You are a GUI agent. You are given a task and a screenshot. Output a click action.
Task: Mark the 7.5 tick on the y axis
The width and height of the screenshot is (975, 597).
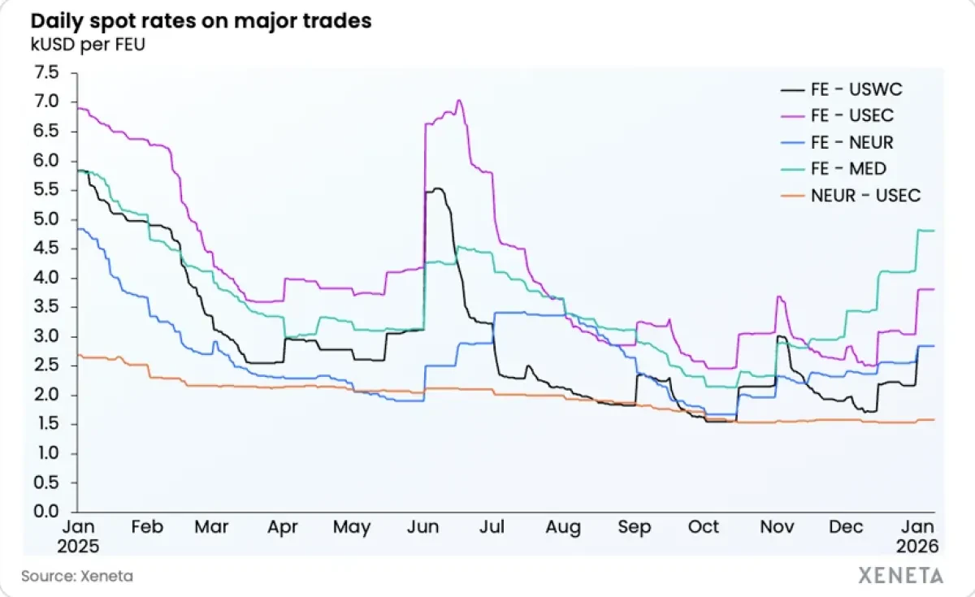click(47, 73)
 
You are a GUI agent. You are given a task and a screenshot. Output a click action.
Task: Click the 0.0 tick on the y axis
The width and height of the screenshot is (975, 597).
click(47, 512)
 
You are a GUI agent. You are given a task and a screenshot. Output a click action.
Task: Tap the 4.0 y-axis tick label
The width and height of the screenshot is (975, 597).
click(47, 278)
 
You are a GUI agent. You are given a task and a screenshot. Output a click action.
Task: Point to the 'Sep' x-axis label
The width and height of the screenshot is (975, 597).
click(634, 527)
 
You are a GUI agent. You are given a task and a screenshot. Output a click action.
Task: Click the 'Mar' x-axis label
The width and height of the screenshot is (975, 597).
click(211, 527)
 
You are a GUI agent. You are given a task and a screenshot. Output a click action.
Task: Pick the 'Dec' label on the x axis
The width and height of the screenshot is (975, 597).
click(846, 527)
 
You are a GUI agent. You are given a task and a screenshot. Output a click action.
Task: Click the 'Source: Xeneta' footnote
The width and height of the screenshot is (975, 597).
click(77, 576)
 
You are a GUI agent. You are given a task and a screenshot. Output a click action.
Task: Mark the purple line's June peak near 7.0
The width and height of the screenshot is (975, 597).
click(459, 101)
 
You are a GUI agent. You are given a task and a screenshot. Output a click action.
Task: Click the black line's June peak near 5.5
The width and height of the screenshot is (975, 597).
click(439, 188)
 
